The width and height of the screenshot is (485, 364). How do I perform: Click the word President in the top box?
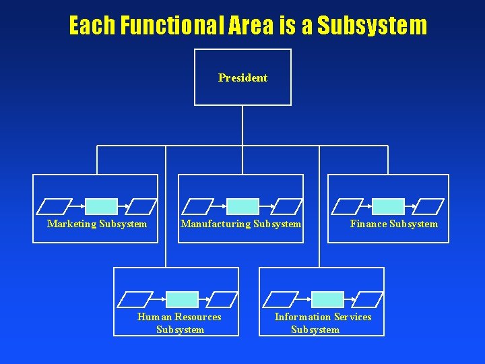243,78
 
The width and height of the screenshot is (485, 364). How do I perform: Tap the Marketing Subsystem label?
97,224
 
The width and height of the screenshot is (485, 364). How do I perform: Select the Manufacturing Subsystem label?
240,224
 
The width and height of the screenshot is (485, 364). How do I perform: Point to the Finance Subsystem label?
393,224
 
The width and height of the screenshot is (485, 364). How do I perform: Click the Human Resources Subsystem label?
179,323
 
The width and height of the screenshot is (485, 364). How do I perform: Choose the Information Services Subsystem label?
323,323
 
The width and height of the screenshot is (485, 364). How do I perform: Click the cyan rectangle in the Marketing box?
101,206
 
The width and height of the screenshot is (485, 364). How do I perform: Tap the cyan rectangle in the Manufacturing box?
243,206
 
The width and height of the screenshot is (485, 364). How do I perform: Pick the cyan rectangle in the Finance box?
389,206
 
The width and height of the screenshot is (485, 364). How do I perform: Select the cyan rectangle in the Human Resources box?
182,299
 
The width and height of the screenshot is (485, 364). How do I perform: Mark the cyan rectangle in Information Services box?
327,299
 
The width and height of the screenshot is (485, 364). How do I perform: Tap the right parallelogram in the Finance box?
428,206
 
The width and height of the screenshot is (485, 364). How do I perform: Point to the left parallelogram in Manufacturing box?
197,206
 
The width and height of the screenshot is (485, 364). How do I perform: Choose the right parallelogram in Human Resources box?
222,299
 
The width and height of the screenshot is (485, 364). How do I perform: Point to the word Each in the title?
92,26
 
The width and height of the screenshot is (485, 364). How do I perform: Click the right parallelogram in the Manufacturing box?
288,206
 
